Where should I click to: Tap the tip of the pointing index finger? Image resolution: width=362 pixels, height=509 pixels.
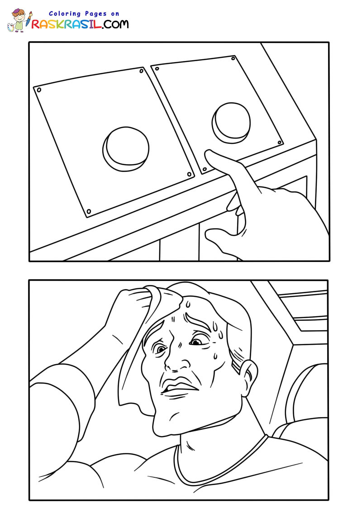[x=207, y=152]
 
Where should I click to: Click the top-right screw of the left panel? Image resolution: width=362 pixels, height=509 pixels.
[x=142, y=71]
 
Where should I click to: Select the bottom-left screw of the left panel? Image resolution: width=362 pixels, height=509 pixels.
[x=89, y=212]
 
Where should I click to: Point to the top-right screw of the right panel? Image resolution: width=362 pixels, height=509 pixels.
[x=233, y=58]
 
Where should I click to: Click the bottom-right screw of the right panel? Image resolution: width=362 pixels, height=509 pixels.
[x=279, y=142]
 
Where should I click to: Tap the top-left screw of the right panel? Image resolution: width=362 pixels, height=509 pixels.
[x=157, y=69]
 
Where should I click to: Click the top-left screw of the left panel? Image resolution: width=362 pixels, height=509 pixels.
[x=39, y=90]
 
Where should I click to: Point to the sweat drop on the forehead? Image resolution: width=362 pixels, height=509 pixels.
[x=187, y=304]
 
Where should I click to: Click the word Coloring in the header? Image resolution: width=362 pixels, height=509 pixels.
[x=65, y=14]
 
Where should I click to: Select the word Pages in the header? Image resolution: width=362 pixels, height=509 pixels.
[x=96, y=14]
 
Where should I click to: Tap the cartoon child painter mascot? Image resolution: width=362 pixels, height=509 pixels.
[x=19, y=20]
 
